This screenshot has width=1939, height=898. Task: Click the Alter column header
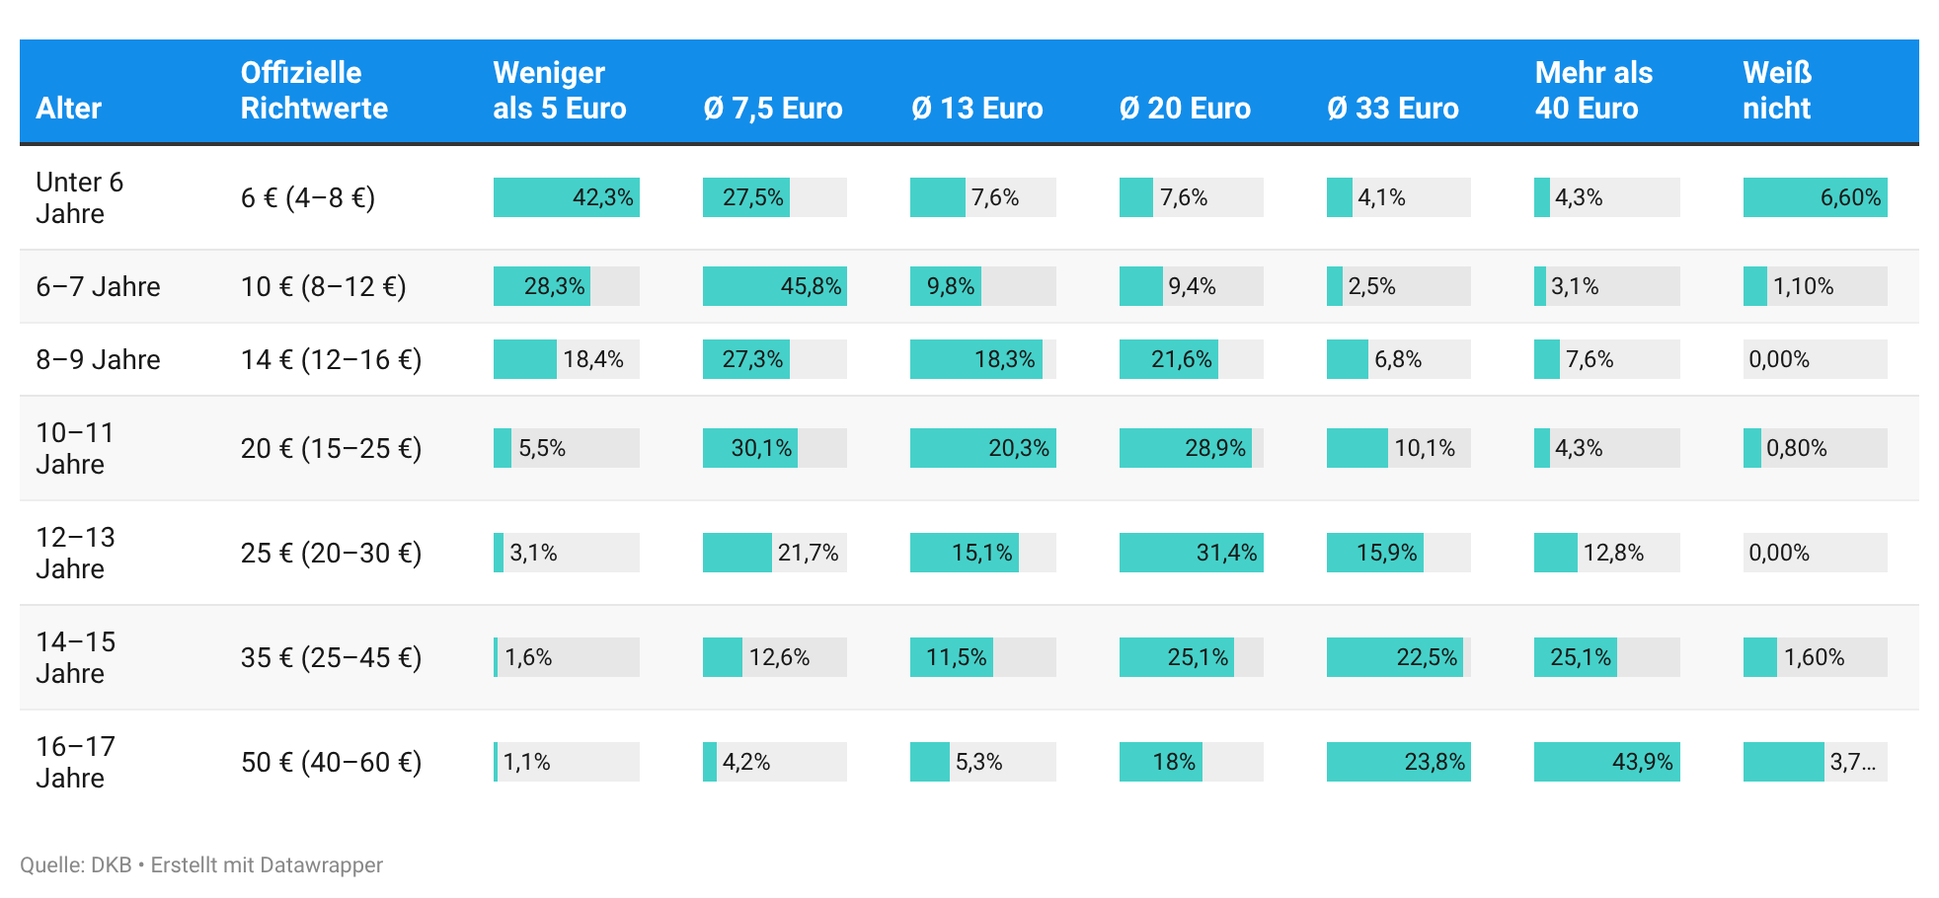point(68,108)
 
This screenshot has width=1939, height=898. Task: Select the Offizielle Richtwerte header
point(314,90)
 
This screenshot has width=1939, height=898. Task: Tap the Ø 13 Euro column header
point(976,108)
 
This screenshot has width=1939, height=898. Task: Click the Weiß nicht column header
point(1777,90)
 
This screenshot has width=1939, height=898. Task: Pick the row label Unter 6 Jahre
point(79,197)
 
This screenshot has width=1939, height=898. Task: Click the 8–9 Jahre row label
point(98,359)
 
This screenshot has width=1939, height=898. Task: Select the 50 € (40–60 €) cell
point(331,762)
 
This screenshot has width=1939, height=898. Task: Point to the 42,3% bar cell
point(567,197)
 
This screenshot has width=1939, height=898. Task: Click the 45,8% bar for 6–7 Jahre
point(775,286)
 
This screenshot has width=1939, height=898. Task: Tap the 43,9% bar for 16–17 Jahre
point(1607,762)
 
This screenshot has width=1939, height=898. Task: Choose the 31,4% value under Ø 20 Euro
point(1192,553)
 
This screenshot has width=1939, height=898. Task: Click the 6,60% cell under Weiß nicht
point(1815,197)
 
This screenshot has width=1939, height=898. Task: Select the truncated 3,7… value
point(1852,762)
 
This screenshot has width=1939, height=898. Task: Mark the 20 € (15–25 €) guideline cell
point(331,448)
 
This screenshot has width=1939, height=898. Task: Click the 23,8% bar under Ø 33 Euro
point(1399,762)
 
